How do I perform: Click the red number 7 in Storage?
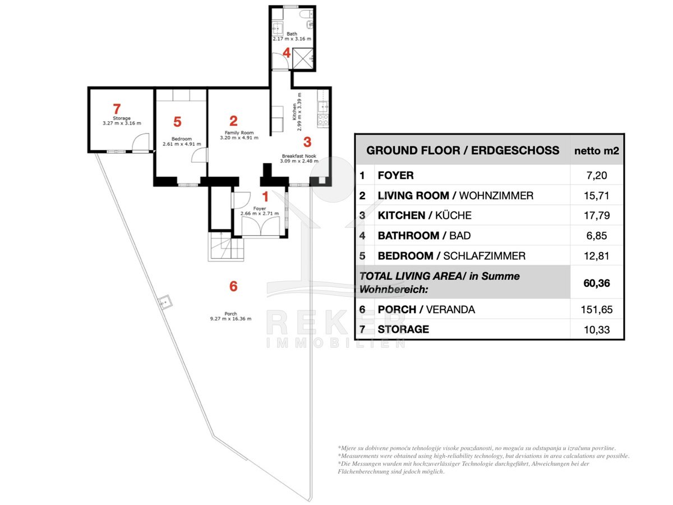point(117,109)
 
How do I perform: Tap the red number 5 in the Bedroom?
point(177,122)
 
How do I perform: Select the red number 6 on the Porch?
point(233,286)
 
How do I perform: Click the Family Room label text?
point(239,133)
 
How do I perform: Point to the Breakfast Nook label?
point(299,156)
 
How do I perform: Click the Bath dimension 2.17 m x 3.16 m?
point(292,39)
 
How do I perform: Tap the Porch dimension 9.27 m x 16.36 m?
point(231,319)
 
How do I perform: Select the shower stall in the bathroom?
point(303,58)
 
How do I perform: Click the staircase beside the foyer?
point(225,246)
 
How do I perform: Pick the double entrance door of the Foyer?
point(261,226)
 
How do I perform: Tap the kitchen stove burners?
point(323,120)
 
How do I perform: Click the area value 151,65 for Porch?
point(596,309)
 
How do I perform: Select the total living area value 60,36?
point(596,283)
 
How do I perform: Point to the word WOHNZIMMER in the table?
point(496,195)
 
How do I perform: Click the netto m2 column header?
point(596,150)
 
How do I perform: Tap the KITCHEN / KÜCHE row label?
point(425,215)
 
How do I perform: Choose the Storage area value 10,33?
point(596,329)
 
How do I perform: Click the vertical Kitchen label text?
point(294,112)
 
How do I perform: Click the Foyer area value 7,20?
point(596,176)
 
